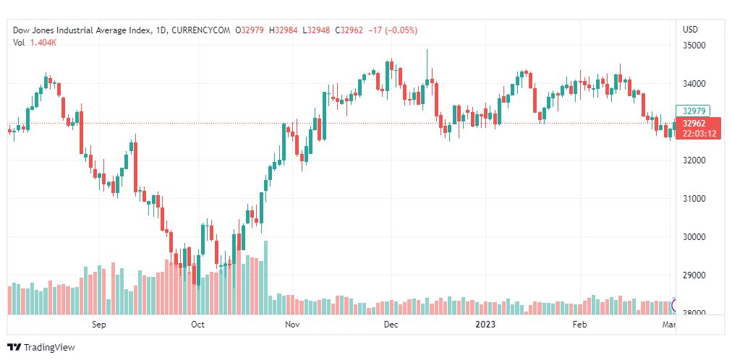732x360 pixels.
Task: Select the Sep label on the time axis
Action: tap(99, 325)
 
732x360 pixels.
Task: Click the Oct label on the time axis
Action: tap(197, 325)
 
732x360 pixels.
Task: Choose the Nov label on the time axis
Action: tap(292, 325)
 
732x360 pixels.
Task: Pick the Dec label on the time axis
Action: tap(391, 325)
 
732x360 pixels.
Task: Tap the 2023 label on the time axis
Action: tap(485, 325)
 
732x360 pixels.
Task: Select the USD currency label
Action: tap(690, 30)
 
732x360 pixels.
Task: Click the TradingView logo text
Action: tap(49, 348)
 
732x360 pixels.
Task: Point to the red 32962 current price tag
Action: tap(694, 124)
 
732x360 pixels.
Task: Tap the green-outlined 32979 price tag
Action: tap(694, 111)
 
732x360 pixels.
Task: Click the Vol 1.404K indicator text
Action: tap(35, 43)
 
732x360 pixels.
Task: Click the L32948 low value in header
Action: tap(317, 30)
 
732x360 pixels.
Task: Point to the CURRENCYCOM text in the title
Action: tap(199, 30)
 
